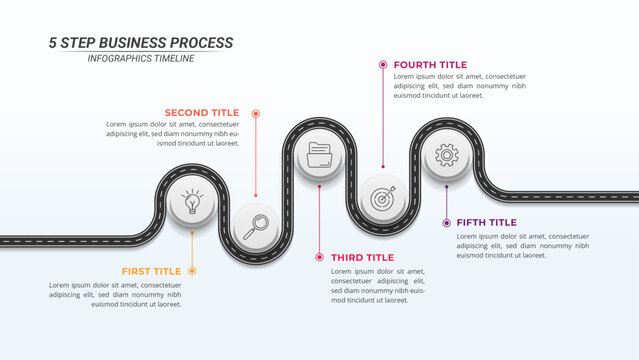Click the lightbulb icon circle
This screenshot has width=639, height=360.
pyautogui.click(x=191, y=201)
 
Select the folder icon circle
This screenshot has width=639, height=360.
pyautogui.click(x=320, y=155)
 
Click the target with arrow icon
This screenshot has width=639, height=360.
pyautogui.click(x=382, y=198)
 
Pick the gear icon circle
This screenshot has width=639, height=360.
pyautogui.click(x=447, y=155)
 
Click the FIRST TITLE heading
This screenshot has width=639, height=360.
pyautogui.click(x=151, y=271)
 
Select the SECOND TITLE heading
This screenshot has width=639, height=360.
pyautogui.click(x=202, y=113)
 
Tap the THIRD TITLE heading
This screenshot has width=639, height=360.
pyautogui.click(x=362, y=257)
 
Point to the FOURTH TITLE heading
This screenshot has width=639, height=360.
pyautogui.click(x=429, y=64)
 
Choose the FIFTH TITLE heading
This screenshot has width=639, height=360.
pyautogui.click(x=487, y=222)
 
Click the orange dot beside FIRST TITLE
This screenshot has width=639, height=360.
pyautogui.click(x=193, y=271)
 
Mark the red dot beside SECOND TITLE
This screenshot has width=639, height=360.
pyautogui.click(x=256, y=113)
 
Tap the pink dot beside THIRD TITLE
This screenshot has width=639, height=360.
pyautogui.click(x=319, y=257)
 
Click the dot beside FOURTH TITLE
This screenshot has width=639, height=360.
pyautogui.click(x=383, y=64)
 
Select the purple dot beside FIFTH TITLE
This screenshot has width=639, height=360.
pyautogui.click(x=446, y=222)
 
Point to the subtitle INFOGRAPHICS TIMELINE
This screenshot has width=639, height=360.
pyautogui.click(x=141, y=59)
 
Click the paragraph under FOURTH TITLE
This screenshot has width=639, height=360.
pyautogui.click(x=460, y=86)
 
